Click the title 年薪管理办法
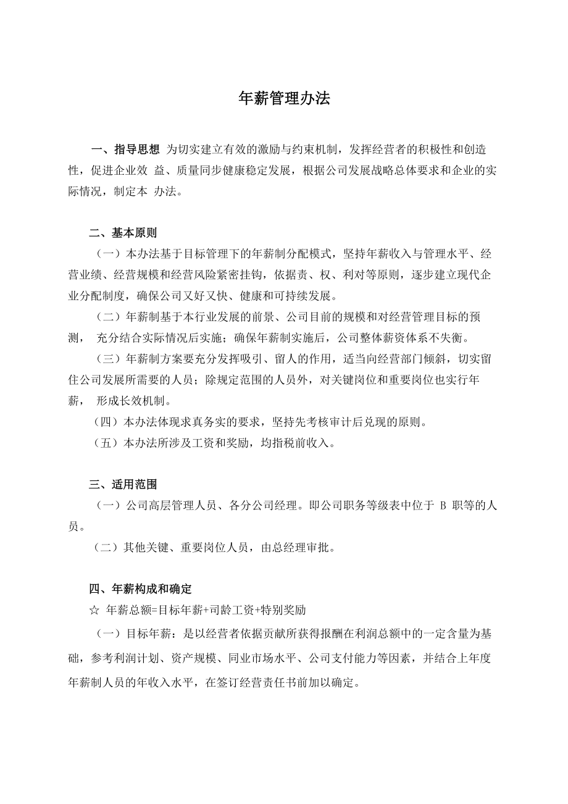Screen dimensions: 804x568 tap(284, 99)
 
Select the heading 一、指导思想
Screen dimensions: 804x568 tap(126, 149)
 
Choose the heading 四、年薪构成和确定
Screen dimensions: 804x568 tap(140, 588)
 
